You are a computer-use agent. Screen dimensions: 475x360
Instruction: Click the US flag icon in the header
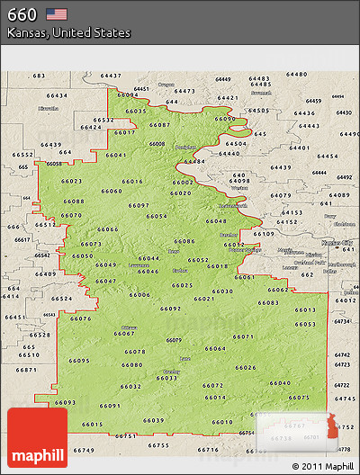pyautogui.click(x=57, y=13)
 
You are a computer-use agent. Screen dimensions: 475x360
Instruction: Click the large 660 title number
pyautogui.click(x=22, y=13)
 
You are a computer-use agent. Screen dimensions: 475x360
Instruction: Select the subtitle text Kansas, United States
pyautogui.click(x=68, y=32)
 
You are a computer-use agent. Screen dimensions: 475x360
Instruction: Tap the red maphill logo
pyautogui.click(x=37, y=438)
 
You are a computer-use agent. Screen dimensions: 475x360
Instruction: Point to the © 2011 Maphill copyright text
pyautogui.click(x=322, y=466)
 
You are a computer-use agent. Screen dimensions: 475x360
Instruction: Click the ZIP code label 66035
pyautogui.click(x=137, y=111)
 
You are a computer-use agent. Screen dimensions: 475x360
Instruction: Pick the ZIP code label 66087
pyautogui.click(x=160, y=124)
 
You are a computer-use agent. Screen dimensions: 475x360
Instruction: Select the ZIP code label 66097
pyautogui.click(x=139, y=205)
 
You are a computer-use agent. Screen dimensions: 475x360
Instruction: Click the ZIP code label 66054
pyautogui.click(x=157, y=217)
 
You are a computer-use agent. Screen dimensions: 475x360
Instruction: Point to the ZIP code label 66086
pyautogui.click(x=184, y=241)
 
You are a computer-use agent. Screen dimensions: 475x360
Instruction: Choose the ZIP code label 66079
pyautogui.click(x=174, y=339)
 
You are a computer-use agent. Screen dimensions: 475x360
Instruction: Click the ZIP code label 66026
pyautogui.click(x=246, y=367)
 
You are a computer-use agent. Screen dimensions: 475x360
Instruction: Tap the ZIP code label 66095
pyautogui.click(x=79, y=361)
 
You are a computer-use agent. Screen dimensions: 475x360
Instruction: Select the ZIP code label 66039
pyautogui.click(x=154, y=420)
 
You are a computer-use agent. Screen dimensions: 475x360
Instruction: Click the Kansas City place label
pyautogui.click(x=337, y=242)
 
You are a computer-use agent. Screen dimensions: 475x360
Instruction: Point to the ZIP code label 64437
pyautogui.click(x=111, y=76)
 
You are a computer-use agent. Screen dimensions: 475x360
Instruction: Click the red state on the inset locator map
pyautogui.click(x=335, y=422)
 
